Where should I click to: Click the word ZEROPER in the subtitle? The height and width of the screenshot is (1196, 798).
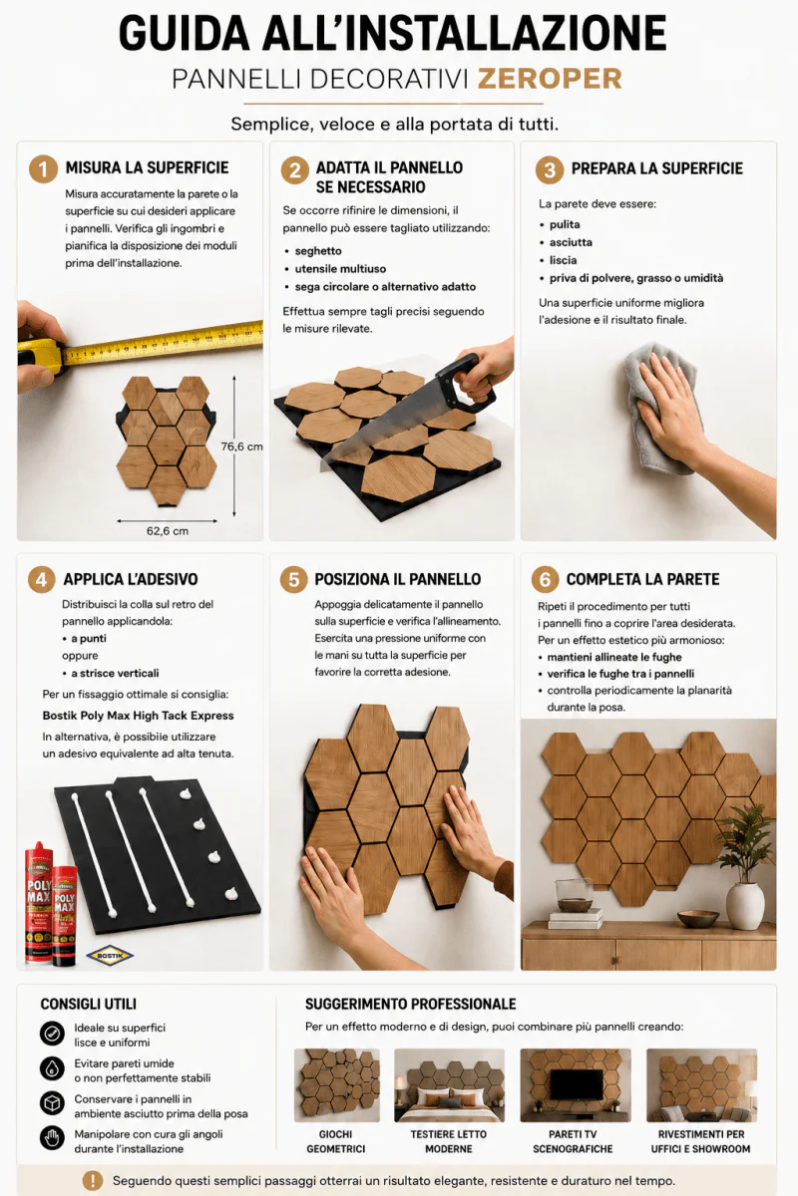[550, 79]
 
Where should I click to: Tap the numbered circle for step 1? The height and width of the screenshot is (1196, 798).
[43, 169]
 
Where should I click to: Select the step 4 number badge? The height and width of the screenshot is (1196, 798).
[42, 579]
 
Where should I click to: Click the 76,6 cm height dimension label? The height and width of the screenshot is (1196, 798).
[241, 447]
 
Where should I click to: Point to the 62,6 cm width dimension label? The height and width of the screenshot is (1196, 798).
[168, 530]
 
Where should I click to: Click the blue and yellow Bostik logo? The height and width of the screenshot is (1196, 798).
[110, 955]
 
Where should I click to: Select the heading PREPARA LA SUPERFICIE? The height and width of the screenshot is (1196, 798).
[657, 168]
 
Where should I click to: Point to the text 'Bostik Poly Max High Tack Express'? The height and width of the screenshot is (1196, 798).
[138, 716]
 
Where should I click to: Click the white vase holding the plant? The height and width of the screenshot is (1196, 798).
[745, 905]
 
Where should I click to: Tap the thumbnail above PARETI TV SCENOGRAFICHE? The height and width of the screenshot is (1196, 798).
[576, 1085]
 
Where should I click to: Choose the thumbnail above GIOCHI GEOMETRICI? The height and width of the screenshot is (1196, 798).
[337, 1085]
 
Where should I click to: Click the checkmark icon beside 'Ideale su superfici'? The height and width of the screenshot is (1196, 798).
[52, 1034]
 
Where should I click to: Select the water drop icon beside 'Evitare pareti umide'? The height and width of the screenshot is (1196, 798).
[52, 1068]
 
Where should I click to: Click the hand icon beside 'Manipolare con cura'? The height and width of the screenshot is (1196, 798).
[52, 1138]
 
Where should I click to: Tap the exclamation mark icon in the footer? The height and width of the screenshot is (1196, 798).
[93, 1180]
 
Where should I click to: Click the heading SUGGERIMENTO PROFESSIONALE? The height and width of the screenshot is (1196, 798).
[411, 1005]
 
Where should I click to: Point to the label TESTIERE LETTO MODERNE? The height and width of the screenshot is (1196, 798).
[449, 1141]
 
